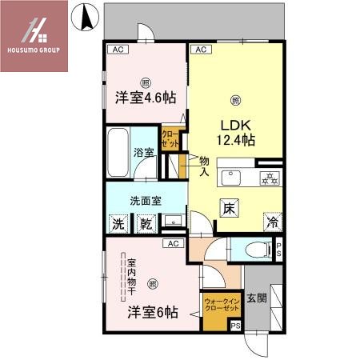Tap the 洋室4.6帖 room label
click(x=145, y=98)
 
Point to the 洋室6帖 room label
click(x=150, y=312)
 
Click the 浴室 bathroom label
click(x=143, y=151)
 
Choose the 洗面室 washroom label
click(x=146, y=201)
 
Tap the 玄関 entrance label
click(x=257, y=298)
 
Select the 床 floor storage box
click(x=229, y=210)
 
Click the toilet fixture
click(x=255, y=250)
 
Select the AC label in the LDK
click(x=201, y=50)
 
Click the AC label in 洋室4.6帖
click(x=118, y=50)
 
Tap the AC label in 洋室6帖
click(x=171, y=242)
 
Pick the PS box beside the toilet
click(x=278, y=248)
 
